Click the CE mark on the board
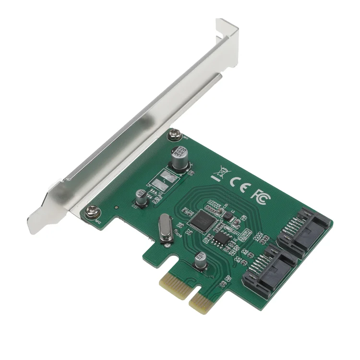tap(238, 183)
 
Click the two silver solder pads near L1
tap(170, 177)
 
